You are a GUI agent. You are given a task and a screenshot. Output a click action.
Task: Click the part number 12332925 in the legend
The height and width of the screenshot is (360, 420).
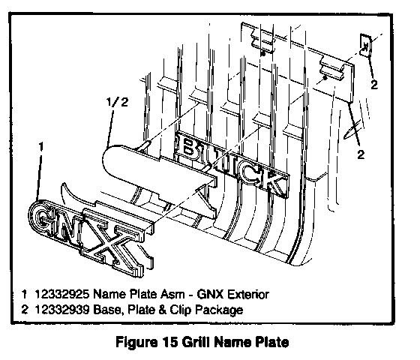tap(61, 294)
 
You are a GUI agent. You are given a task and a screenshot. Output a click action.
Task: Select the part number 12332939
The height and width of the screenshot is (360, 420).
tap(61, 310)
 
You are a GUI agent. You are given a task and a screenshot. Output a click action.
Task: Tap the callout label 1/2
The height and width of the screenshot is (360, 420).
tap(117, 102)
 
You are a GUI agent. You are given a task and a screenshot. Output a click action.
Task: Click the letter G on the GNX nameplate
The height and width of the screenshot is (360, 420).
tap(43, 217)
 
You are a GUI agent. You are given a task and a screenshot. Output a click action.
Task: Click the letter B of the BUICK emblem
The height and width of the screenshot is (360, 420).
tap(188, 147)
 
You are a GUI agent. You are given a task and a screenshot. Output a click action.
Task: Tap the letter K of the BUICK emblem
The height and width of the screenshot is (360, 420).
tap(277, 184)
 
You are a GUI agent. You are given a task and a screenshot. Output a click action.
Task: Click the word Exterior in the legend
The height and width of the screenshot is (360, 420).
tap(247, 294)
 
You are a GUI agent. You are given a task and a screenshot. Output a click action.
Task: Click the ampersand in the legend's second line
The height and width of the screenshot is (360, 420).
tap(161, 310)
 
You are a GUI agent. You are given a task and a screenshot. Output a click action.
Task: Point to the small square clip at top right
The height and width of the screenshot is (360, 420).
tap(365, 45)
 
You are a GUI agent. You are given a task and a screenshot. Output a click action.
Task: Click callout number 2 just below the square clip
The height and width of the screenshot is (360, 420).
tap(374, 85)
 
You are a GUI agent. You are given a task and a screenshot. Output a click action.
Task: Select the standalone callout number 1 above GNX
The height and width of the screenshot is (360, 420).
tap(40, 147)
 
